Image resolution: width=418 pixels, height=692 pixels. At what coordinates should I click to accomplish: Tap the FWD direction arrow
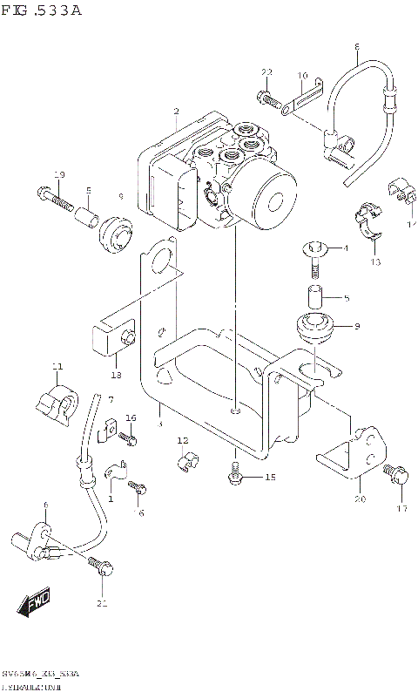pos(33,601)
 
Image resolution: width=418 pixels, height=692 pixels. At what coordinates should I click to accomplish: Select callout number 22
pos(267,71)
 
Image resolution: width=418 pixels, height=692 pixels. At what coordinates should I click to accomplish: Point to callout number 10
pos(302,77)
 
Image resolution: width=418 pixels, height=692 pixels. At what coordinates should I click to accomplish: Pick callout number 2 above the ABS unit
pos(176,111)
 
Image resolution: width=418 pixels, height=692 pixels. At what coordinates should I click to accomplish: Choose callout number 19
pos(59,176)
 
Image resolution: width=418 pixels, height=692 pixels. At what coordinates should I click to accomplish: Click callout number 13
pos(374,261)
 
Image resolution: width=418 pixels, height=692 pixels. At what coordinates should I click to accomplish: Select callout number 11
pos(57,365)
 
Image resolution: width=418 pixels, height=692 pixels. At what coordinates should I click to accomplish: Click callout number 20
pos(359,499)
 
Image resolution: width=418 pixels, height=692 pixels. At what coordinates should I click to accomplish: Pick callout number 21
pos(102,603)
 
